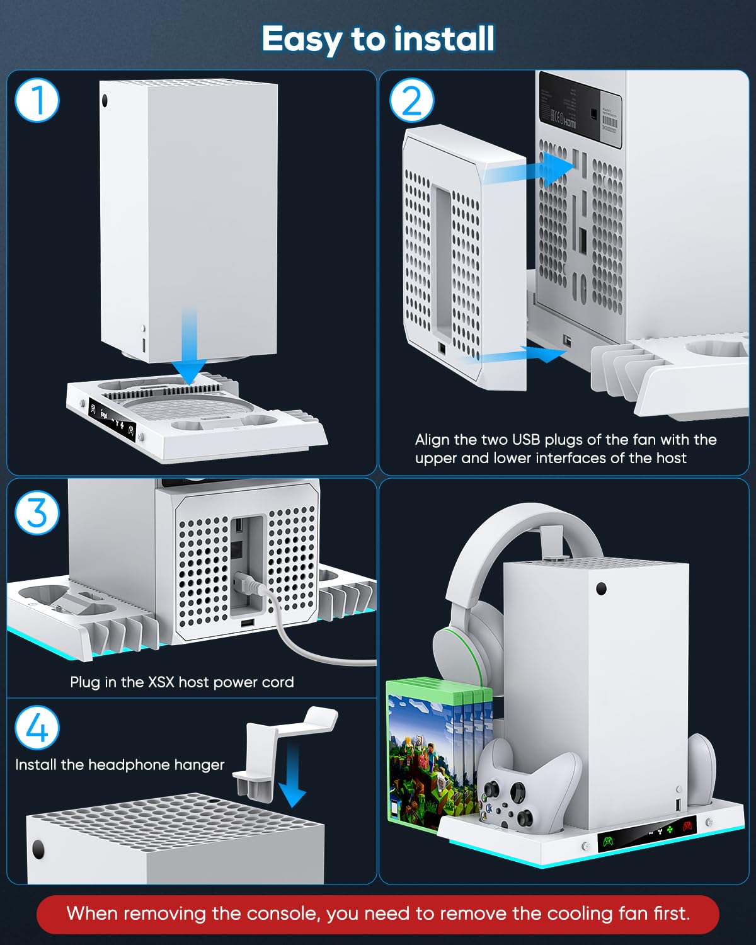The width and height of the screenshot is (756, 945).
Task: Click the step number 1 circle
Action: tap(37, 100)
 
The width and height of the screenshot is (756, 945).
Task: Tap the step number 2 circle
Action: tap(412, 101)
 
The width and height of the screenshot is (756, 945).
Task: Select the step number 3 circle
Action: tap(37, 512)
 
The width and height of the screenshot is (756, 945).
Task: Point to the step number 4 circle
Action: tap(37, 728)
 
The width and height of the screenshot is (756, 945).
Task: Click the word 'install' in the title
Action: tap(440, 38)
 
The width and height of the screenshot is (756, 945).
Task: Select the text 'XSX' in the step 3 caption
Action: tap(162, 682)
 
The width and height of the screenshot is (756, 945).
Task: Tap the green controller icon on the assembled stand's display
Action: tap(608, 840)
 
